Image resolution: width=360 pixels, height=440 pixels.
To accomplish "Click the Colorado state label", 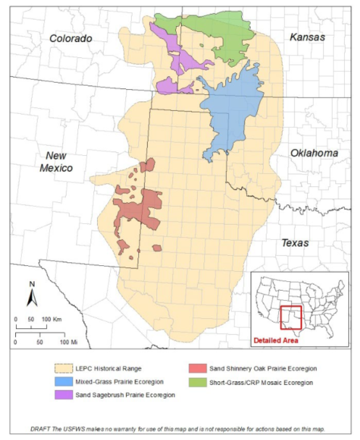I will (71, 38).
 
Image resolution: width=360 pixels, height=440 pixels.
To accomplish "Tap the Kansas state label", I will (307, 37).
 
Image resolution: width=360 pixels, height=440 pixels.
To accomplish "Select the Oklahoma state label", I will (314, 153).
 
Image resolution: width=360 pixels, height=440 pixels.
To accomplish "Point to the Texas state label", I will (295, 243).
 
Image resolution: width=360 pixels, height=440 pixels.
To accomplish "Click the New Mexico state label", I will (56, 162).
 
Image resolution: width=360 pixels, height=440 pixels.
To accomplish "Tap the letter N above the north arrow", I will (32, 284).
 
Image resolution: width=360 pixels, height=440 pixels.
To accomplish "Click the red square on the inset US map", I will (290, 318).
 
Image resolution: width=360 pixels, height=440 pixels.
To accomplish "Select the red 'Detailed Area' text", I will (275, 340).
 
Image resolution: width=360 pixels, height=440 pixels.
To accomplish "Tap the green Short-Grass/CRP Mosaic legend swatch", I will (197, 383).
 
